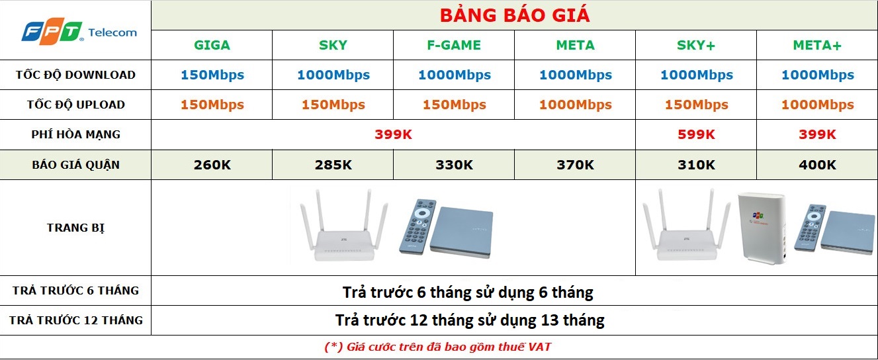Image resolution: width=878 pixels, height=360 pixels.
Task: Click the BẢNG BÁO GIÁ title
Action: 515,15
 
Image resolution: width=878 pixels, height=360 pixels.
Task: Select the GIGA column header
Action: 212,45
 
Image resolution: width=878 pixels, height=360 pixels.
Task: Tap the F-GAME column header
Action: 454,45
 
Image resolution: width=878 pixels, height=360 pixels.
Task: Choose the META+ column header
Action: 817,45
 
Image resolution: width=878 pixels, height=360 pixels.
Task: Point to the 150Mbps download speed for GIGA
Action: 212,75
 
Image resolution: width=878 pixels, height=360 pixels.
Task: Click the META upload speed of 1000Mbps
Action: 576,105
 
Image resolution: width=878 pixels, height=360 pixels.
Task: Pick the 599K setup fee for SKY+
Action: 696,134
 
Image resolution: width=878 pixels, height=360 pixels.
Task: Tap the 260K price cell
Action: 212,165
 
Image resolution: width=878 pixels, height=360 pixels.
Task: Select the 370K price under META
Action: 576,165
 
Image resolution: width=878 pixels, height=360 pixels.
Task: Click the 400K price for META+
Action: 817,165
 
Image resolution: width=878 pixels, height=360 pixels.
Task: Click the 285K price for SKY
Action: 333,165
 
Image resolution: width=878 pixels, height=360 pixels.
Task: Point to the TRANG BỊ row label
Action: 75,228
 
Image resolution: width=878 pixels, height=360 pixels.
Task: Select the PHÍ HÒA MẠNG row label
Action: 75,134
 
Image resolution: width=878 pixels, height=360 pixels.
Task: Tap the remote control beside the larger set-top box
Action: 417,226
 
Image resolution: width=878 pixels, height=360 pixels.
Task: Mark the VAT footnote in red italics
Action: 438,347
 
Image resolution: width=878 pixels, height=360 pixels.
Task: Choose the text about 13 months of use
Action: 470,320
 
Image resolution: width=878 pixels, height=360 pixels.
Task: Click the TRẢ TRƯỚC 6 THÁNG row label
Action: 75,291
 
